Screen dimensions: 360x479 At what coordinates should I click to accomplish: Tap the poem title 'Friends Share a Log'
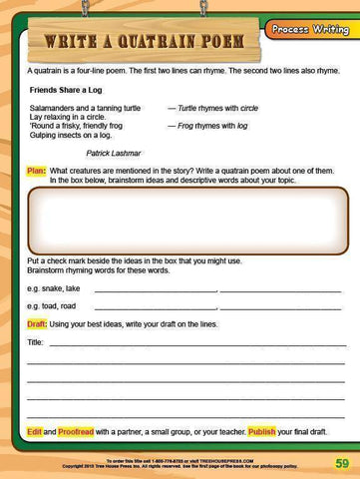coord(67,90)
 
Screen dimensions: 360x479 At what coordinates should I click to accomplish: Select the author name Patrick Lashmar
coord(115,153)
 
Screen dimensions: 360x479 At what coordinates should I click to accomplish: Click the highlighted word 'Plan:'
coord(37,171)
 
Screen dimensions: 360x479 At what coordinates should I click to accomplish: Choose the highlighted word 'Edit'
coord(34,431)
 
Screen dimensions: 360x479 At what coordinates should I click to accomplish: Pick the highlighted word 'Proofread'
coord(76,431)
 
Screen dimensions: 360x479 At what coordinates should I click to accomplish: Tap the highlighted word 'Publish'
coord(261,431)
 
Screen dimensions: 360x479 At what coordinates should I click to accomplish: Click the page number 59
coord(341,463)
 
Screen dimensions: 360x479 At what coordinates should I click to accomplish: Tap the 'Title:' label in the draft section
coord(36,342)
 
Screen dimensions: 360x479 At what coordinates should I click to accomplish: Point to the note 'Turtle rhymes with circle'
coord(212,106)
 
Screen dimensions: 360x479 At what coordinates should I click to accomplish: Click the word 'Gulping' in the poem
coord(44,135)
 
